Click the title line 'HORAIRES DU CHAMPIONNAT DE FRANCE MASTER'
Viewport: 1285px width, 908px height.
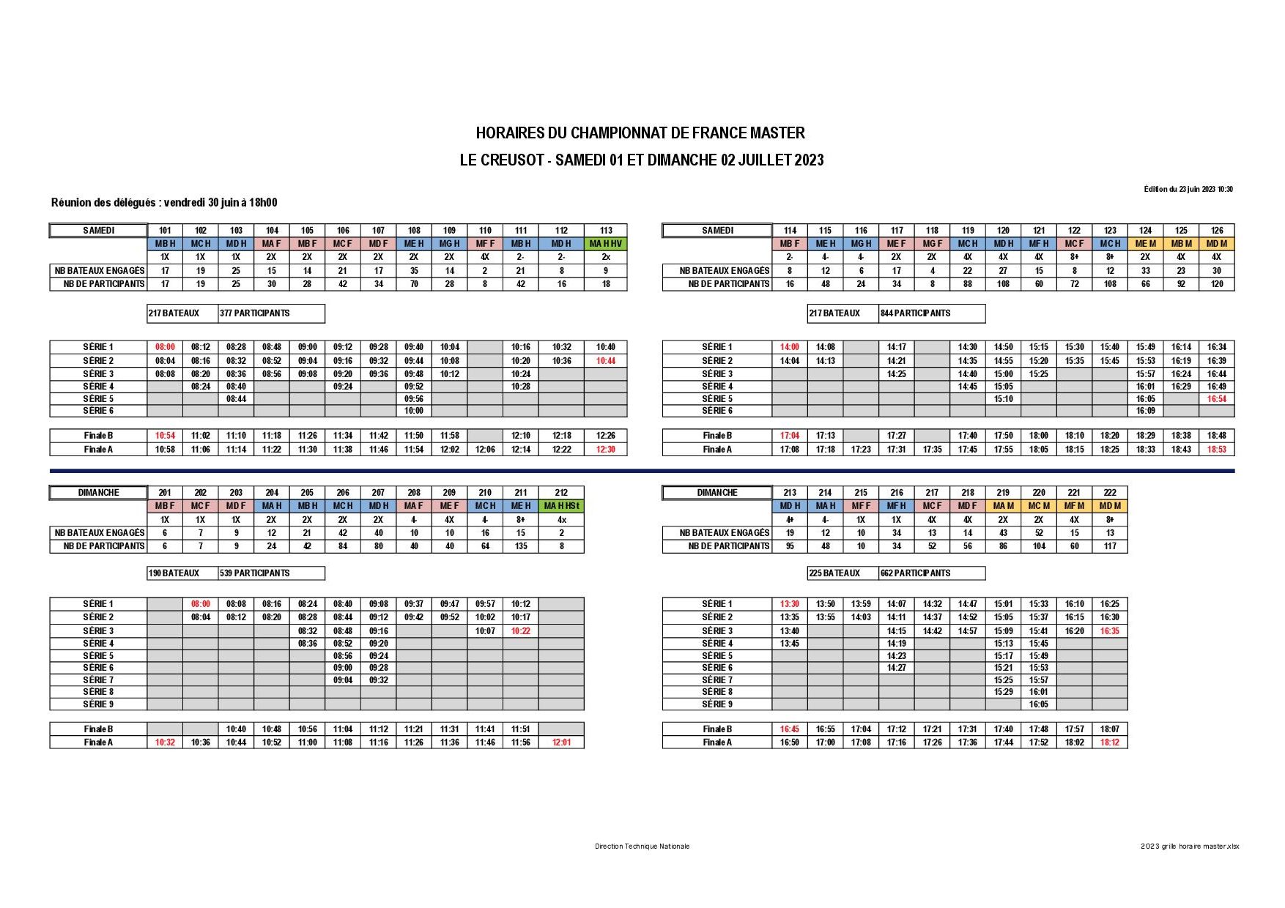tap(640, 133)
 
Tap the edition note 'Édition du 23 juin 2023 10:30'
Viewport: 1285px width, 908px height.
tap(1188, 189)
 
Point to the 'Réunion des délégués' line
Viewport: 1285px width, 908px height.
tap(164, 203)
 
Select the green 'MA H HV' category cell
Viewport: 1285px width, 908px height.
tap(606, 244)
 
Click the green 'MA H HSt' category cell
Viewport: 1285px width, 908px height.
tap(561, 506)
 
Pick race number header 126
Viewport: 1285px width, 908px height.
tap(1216, 231)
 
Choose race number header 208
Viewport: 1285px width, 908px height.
tap(414, 493)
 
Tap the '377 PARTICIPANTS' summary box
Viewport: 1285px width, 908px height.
tap(271, 313)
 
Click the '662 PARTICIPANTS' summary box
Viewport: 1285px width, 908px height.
tap(931, 573)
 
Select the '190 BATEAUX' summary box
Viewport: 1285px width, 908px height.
tap(182, 573)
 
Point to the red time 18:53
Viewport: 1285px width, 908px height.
tap(1216, 450)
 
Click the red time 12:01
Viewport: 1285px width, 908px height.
tap(561, 743)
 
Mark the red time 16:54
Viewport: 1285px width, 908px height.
tap(1216, 399)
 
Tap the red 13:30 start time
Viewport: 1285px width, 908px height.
tap(789, 604)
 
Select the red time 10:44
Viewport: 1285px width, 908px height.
tap(606, 361)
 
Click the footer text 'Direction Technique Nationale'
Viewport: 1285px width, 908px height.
tap(642, 846)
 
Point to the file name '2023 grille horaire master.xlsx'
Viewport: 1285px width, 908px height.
tap(1190, 846)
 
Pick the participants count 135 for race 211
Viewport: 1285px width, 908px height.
tap(520, 546)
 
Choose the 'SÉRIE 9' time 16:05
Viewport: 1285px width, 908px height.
tap(1038, 704)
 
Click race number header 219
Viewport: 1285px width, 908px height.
tap(1002, 493)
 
